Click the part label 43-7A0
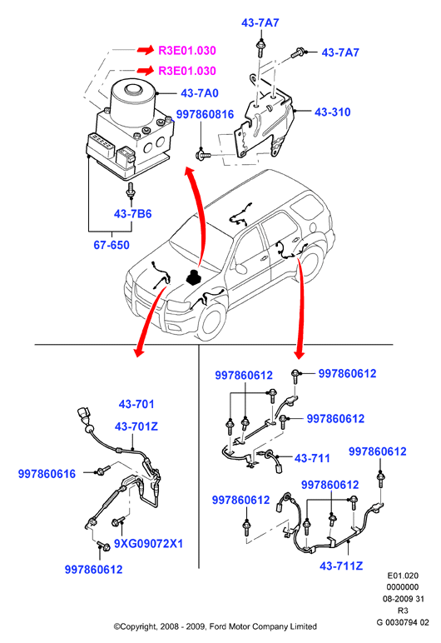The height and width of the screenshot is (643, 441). click(x=200, y=93)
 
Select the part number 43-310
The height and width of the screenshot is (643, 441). click(x=332, y=112)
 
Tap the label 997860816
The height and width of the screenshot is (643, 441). click(x=205, y=114)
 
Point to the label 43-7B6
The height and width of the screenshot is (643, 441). click(x=133, y=214)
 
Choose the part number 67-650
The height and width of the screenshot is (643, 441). click(x=111, y=245)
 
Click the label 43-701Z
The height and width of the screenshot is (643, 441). click(x=136, y=426)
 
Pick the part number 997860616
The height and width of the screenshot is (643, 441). click(x=47, y=474)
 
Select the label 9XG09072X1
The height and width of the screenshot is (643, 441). click(x=148, y=543)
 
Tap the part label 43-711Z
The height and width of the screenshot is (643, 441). click(x=341, y=566)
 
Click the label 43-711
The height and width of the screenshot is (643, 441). click(x=312, y=458)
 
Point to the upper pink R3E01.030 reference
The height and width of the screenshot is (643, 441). click(x=187, y=51)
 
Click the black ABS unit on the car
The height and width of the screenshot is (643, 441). click(x=193, y=277)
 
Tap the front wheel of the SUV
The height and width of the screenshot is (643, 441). click(x=212, y=322)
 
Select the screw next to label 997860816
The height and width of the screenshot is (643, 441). click(x=204, y=155)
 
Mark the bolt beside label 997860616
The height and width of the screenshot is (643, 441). click(x=102, y=470)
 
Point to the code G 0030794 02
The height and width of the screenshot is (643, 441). click(x=403, y=622)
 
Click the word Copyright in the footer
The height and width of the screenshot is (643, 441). click(x=138, y=626)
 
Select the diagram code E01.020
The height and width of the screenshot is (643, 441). click(x=403, y=576)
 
